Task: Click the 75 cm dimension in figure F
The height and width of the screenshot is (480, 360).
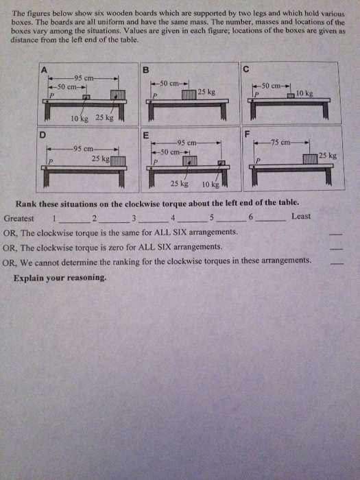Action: tap(283, 142)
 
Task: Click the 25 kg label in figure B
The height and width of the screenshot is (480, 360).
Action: tap(206, 91)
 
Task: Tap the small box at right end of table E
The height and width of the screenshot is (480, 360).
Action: tap(221, 163)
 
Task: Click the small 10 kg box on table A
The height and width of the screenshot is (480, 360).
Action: tap(86, 98)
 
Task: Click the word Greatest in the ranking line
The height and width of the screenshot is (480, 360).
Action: tap(19, 217)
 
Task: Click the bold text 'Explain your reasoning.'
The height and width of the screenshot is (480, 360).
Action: tap(60, 278)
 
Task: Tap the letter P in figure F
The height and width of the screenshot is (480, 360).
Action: tap(259, 160)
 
